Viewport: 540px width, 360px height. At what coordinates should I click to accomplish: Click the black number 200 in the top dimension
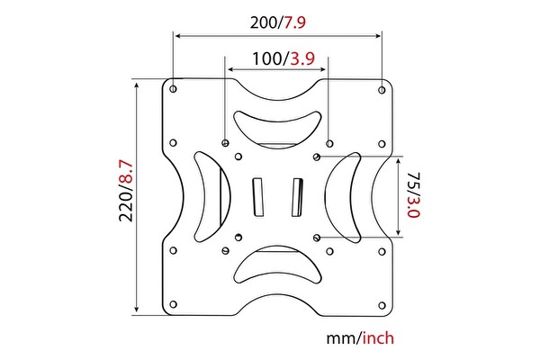[264, 23]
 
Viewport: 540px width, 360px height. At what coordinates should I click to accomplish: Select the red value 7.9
[299, 23]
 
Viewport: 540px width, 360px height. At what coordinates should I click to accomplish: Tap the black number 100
[266, 59]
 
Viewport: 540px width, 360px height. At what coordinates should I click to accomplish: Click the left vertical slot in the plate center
[257, 196]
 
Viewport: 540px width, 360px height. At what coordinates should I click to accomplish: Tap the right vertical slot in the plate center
[297, 196]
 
